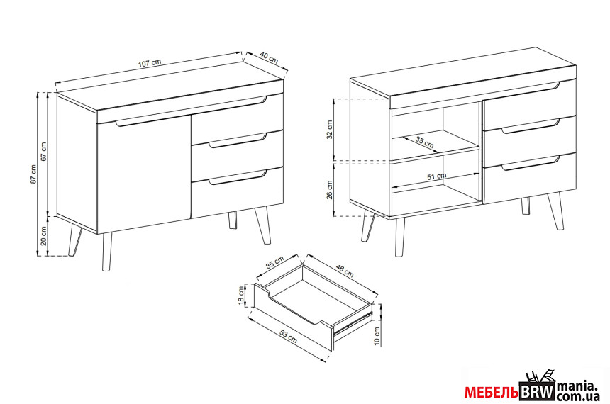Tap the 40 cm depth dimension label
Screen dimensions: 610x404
[268, 58]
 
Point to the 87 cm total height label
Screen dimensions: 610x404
[34, 174]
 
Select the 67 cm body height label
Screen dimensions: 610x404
[43, 151]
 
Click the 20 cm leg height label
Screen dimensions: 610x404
[43, 236]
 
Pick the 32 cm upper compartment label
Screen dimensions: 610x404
[330, 130]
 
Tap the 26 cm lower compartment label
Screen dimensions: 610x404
[330, 190]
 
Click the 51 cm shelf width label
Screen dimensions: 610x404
[436, 176]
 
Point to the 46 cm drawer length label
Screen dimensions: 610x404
[344, 271]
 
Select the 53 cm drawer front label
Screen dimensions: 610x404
[289, 337]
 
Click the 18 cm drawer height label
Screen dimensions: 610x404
[241, 296]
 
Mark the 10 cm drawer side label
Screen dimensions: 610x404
[377, 337]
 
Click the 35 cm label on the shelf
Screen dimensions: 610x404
[424, 142]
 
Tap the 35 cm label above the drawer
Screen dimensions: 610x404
[275, 263]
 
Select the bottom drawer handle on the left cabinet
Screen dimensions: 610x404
[238, 177]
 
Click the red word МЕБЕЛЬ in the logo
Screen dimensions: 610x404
[492, 393]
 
